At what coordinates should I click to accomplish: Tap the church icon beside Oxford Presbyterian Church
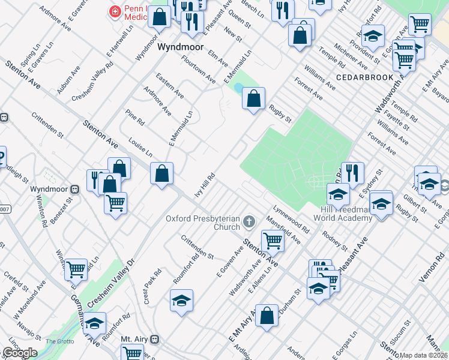tap(249, 224)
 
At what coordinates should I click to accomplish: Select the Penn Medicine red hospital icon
tap(113, 11)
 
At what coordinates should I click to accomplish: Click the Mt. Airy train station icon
tap(155, 339)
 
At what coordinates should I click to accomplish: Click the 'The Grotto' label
tap(60, 341)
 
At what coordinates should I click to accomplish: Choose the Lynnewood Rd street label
tap(291, 220)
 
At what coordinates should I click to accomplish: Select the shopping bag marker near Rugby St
tap(254, 98)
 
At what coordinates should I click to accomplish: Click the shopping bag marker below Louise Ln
tap(161, 175)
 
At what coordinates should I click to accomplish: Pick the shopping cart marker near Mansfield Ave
tap(273, 241)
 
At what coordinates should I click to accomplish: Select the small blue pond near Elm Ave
tap(239, 88)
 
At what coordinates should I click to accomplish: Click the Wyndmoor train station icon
tap(75, 189)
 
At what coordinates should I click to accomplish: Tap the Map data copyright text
tap(424, 355)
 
